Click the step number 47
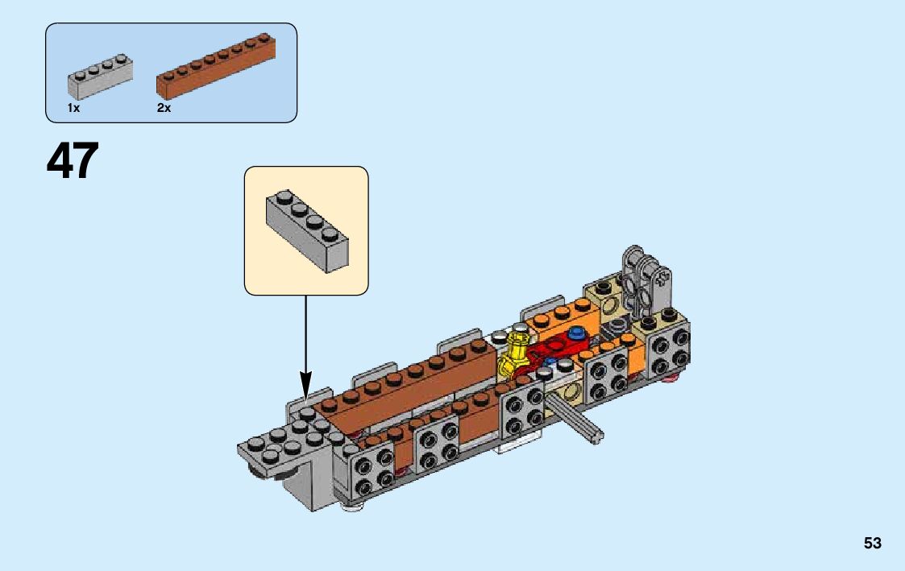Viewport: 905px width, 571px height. click(73, 161)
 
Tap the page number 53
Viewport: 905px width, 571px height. click(872, 544)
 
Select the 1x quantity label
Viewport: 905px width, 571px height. click(73, 108)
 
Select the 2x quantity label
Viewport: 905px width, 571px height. click(164, 108)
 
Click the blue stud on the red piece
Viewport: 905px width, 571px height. click(575, 333)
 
